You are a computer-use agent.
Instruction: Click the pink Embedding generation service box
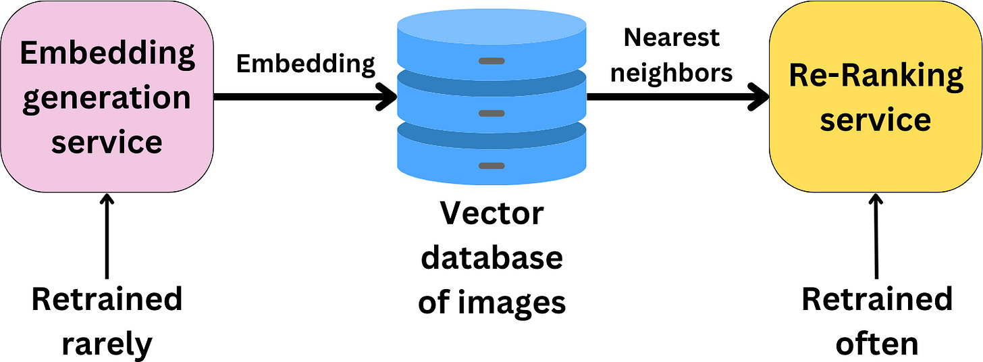107,96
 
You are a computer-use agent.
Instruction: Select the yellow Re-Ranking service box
876,97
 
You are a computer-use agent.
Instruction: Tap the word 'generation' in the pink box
107,98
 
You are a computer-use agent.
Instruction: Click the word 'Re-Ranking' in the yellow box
876,76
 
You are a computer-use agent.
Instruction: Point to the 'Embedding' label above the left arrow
305,63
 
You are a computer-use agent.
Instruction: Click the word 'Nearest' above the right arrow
671,38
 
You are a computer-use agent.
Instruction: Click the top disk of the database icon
491,34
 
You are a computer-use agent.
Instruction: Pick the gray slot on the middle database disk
491,113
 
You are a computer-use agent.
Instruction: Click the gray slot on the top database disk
491,61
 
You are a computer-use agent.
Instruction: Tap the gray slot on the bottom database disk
491,165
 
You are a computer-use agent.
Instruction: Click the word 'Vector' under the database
491,214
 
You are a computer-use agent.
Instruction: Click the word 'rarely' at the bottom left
107,344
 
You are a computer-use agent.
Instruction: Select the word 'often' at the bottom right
876,344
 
